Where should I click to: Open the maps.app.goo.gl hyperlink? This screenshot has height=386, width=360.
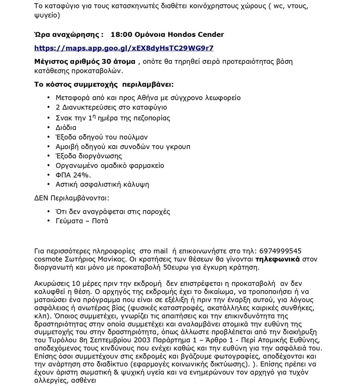(124, 48)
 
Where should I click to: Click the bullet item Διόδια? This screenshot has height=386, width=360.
(66, 127)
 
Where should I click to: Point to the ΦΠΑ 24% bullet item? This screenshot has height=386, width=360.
(73, 175)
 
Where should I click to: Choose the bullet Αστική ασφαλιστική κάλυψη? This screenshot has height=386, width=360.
(102, 184)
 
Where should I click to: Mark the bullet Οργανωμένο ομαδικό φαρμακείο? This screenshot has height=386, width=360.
(110, 165)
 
